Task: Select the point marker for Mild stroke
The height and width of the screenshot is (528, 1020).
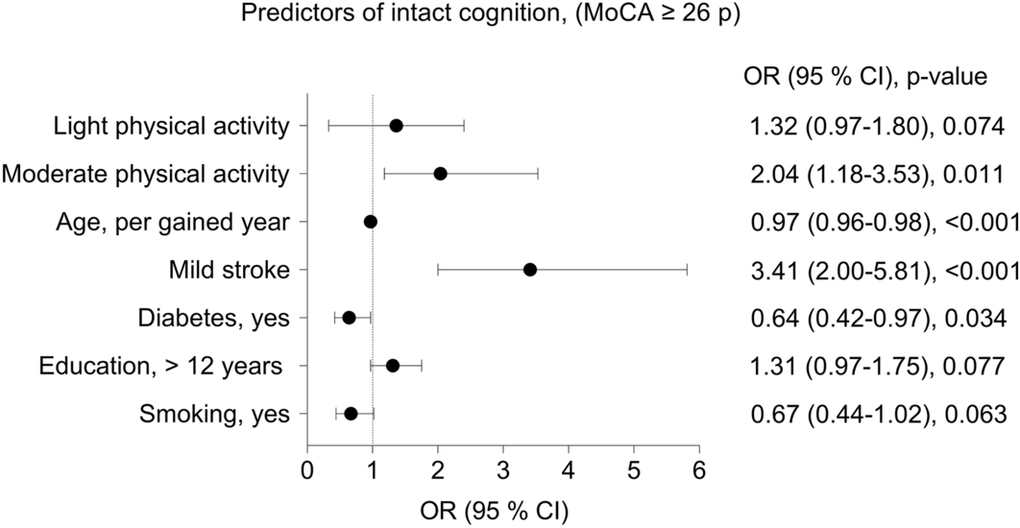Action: (530, 270)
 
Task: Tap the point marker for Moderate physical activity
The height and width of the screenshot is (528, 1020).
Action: (440, 174)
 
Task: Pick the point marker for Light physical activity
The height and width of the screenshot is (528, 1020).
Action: (396, 126)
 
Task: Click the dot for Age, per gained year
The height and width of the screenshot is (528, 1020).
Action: (371, 222)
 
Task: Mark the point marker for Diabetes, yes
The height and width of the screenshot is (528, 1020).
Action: (349, 318)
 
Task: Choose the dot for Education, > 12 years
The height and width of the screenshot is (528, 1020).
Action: (392, 366)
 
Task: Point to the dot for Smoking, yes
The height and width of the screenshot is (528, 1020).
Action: (351, 414)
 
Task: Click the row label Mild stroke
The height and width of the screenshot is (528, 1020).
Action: (229, 270)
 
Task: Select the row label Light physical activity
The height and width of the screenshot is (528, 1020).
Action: (171, 126)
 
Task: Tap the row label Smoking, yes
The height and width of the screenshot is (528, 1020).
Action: (214, 414)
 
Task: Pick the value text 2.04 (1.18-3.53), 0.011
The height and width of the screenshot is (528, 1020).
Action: (877, 174)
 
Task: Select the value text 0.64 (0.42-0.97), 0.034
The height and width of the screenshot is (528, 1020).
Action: (877, 318)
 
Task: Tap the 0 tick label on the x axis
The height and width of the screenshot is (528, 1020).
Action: (307, 470)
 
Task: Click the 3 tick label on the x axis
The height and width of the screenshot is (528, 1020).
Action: (503, 470)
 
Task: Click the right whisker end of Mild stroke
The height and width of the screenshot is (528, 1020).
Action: (687, 270)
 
